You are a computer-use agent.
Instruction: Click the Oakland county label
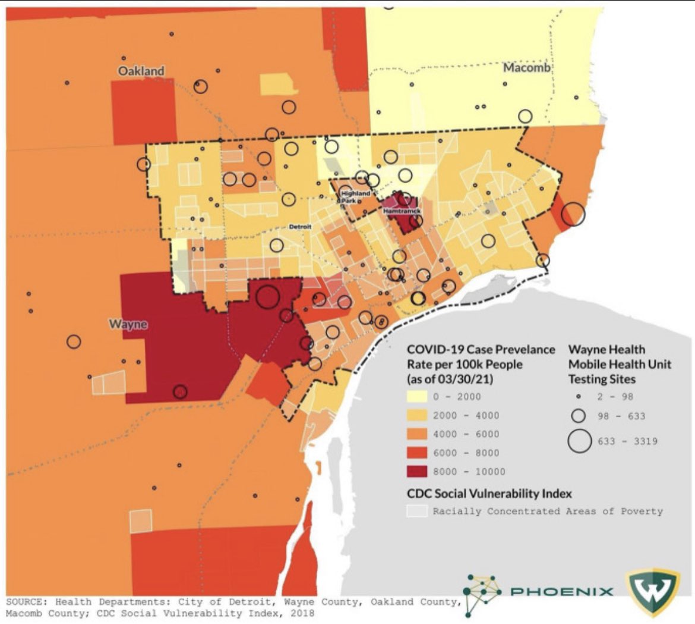[x=141, y=71]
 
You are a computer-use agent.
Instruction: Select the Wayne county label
[x=128, y=324]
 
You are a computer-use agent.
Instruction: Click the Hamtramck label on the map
[x=402, y=211]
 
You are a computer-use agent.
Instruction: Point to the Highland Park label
[x=355, y=197]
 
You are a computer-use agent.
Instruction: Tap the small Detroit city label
[x=299, y=227]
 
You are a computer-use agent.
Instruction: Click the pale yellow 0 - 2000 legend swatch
[x=417, y=397]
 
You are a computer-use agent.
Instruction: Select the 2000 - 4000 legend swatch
[x=417, y=415]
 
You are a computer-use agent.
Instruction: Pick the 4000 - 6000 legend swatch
[x=417, y=434]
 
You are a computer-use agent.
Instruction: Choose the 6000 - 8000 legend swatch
[x=417, y=453]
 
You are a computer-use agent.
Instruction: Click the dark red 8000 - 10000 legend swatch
[x=417, y=472]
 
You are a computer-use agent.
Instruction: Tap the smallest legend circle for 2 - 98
[x=579, y=397]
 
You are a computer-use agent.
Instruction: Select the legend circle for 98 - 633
[x=579, y=416]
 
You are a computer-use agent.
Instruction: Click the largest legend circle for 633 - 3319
[x=579, y=441]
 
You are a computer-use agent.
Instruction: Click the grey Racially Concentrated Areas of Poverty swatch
[x=417, y=511]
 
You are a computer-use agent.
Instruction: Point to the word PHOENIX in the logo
[x=562, y=591]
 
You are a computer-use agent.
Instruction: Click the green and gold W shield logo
[x=652, y=591]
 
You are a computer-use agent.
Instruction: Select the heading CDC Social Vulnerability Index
[x=489, y=494]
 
